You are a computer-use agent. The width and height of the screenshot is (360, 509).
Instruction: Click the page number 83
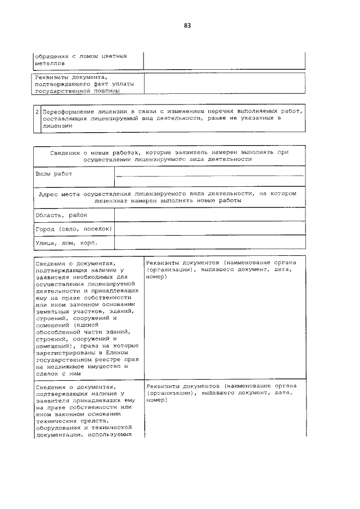click(x=187, y=25)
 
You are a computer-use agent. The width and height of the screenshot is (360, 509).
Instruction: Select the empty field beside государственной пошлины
click(x=224, y=83)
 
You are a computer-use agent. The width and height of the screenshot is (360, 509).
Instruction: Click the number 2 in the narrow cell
click(x=37, y=112)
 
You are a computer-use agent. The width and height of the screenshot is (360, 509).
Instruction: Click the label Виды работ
click(x=54, y=174)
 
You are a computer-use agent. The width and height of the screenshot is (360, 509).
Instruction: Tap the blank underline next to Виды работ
click(x=209, y=175)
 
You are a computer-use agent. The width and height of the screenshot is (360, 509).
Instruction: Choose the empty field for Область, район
click(x=209, y=215)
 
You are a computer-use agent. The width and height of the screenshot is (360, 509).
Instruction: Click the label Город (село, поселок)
click(x=74, y=229)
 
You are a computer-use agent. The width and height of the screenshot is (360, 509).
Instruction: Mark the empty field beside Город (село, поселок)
click(x=209, y=229)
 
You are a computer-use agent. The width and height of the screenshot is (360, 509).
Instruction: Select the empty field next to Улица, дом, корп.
click(x=209, y=243)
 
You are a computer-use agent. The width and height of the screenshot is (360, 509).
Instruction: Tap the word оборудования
click(x=58, y=427)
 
